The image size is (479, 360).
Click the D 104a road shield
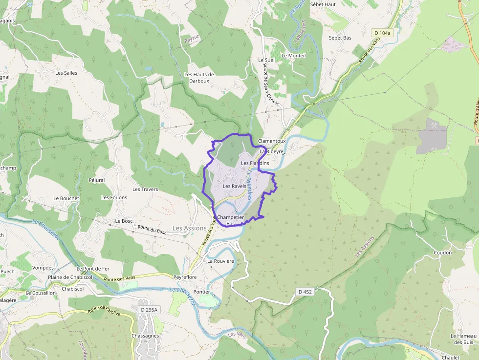[382, 33]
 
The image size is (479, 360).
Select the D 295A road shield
[149, 310]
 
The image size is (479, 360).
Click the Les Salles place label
[66, 73]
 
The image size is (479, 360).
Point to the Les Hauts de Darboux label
[199, 77]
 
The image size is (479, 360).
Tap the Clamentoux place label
[271, 141]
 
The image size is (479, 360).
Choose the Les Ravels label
[234, 186]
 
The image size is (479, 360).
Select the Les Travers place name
[145, 189]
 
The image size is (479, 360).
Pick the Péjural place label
[97, 180]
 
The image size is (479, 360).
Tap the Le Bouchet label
[66, 198]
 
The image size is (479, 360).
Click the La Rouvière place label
[221, 261]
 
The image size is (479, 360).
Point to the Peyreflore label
[185, 277]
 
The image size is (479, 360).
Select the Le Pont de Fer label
[92, 269]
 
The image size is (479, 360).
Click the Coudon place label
[442, 253]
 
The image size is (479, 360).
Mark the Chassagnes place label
[145, 336]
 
